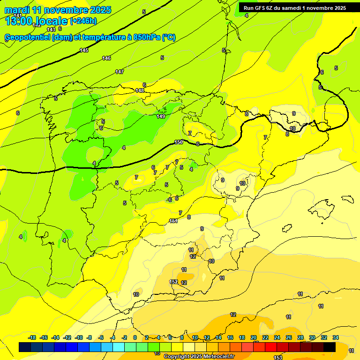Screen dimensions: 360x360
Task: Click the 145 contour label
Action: click(84, 50)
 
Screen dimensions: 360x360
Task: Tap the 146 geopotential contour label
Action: click(106, 58)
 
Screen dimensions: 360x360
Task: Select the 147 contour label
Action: click(120, 72)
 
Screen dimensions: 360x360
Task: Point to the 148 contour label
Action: click(140, 90)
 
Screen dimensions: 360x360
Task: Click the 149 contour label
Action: click(161, 116)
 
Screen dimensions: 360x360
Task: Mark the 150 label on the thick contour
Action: click(179, 142)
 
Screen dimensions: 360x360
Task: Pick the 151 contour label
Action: click(173, 221)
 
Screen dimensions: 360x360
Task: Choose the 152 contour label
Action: click(173, 282)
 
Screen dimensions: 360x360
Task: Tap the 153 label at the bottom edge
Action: click(278, 358)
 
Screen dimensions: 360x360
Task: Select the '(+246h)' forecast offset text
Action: click(83, 21)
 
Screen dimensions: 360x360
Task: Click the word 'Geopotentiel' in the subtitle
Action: click(27, 37)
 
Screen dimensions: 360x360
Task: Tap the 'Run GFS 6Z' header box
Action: click(295, 7)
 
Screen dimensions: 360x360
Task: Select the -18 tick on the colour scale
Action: click(32, 337)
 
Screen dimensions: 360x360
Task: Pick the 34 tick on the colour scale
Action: click(336, 337)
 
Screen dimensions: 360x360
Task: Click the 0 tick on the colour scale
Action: click(135, 337)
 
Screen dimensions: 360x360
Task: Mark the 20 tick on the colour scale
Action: click(254, 337)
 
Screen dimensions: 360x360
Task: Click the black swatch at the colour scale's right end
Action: click(330, 347)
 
